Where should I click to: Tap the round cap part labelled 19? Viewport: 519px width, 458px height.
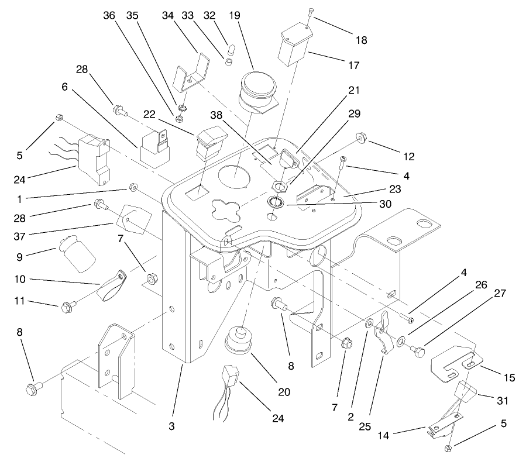point(255,91)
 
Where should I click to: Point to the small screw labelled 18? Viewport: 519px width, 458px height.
point(310,12)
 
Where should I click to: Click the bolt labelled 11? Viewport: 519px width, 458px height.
point(66,306)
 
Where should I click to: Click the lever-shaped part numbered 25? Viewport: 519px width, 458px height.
point(384,333)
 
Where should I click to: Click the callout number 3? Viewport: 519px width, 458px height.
point(171,426)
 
